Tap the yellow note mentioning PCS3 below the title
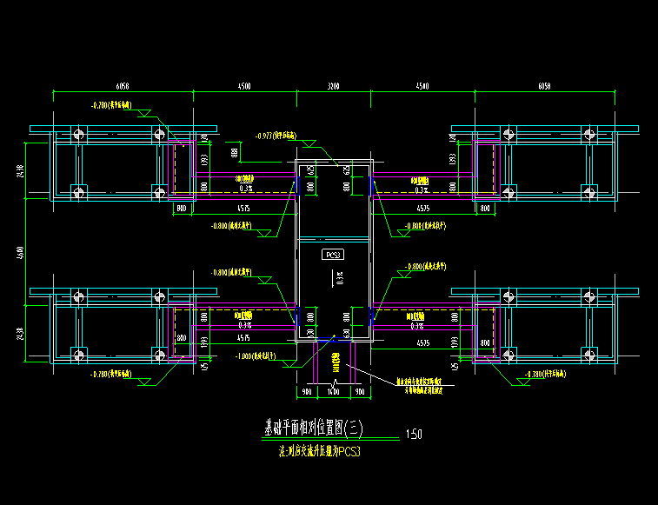(318, 452)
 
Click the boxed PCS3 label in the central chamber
(333, 255)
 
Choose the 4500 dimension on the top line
(244, 87)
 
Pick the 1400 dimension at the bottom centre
(333, 392)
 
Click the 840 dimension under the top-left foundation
(182, 209)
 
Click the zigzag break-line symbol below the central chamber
(335, 382)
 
